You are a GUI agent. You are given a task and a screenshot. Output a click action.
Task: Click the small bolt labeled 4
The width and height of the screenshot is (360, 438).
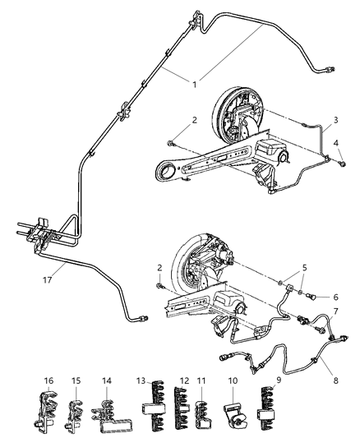click(x=339, y=165)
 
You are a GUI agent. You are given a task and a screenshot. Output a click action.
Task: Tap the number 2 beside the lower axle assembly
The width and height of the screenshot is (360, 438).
click(x=159, y=268)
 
